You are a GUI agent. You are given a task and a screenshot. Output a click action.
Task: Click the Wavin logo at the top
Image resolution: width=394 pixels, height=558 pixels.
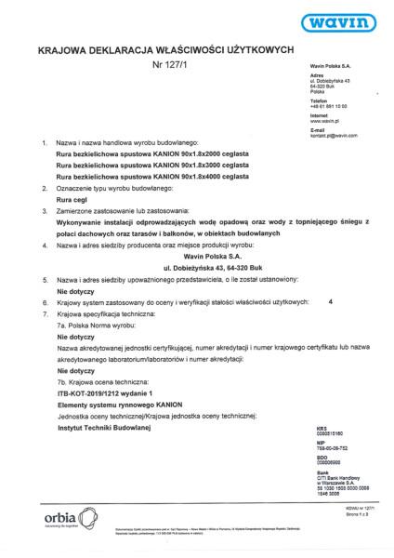point(342,21)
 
